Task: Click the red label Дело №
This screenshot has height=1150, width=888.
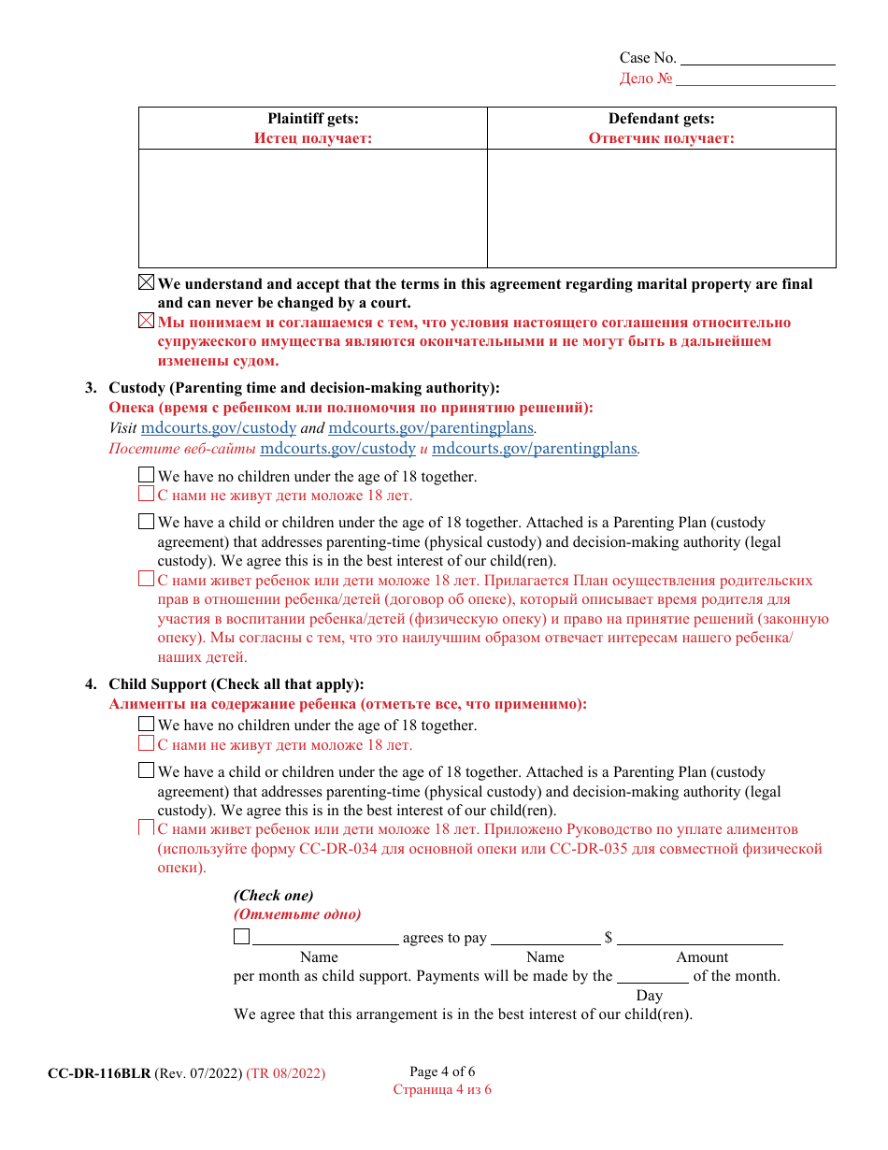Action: [645, 79]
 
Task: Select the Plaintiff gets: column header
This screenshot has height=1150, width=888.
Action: [313, 119]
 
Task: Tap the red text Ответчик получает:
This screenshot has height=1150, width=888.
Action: [661, 138]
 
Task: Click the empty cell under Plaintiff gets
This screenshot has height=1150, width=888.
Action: [313, 208]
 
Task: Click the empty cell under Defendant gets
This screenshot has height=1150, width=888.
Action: [661, 208]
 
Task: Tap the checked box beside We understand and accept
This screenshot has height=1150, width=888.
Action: [147, 283]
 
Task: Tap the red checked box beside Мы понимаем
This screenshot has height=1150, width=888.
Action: [147, 322]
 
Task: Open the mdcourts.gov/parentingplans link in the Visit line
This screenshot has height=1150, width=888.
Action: [430, 428]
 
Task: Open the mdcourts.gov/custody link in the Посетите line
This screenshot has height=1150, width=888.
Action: [337, 449]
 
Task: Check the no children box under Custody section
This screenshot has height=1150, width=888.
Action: [147, 476]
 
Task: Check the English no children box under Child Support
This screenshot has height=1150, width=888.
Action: [147, 725]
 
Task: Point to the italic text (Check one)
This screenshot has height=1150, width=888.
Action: [274, 896]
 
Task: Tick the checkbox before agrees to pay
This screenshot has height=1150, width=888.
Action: [241, 937]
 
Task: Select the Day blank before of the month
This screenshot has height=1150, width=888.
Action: [652, 976]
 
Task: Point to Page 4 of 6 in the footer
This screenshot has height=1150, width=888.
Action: [442, 1072]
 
